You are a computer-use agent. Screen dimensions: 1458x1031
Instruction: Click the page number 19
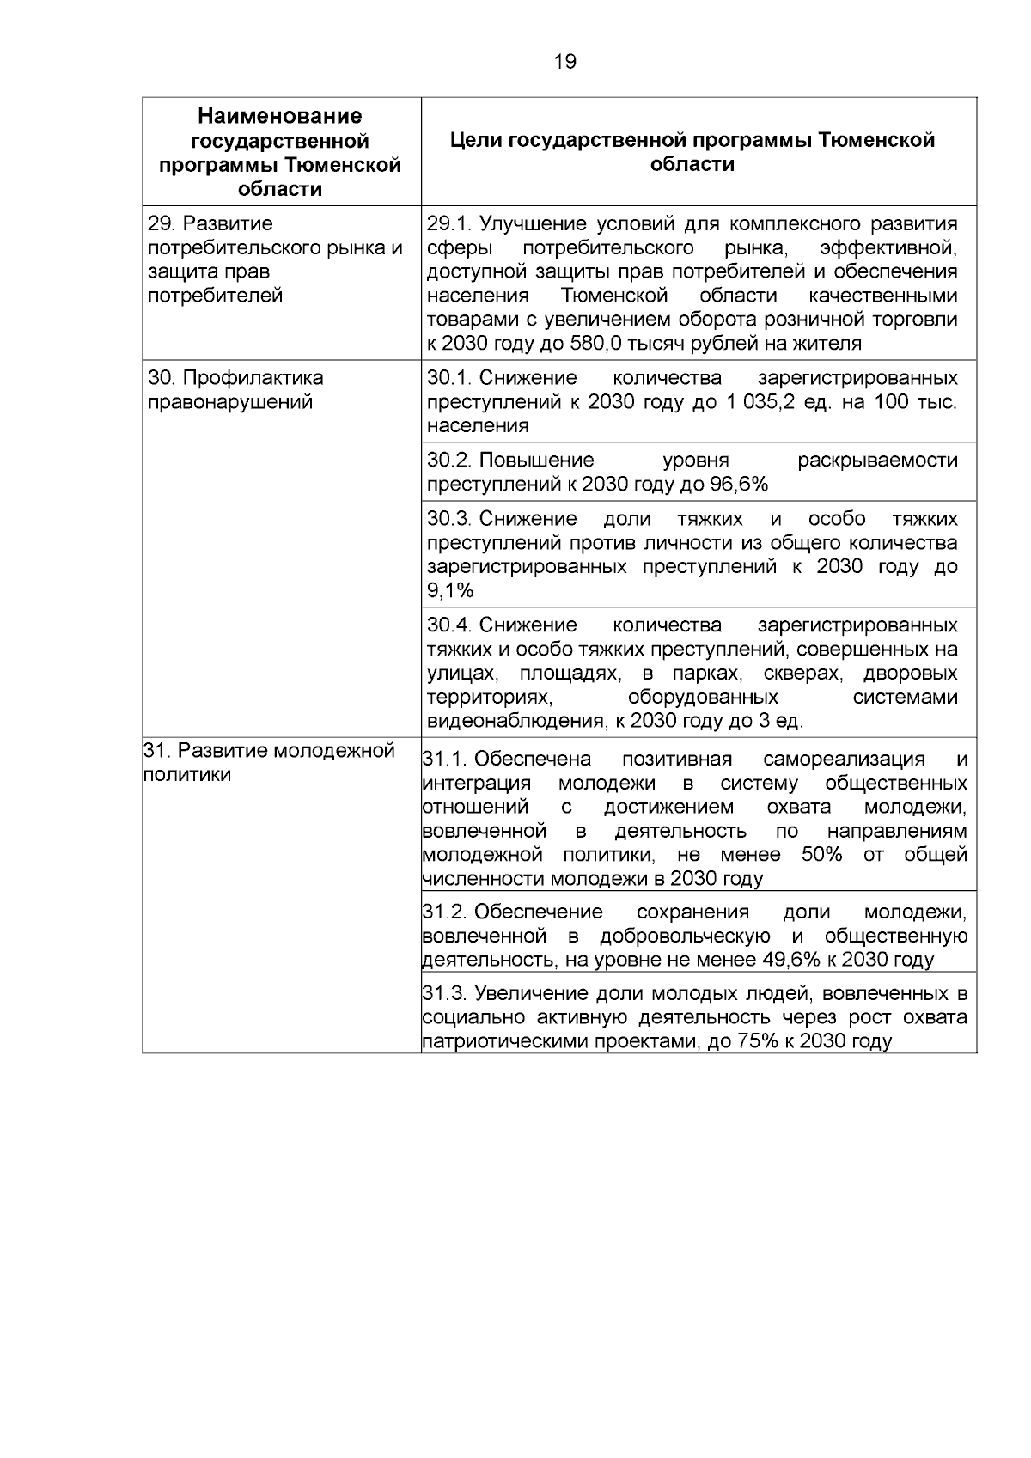565,62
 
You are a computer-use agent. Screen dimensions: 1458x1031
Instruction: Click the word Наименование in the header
280,116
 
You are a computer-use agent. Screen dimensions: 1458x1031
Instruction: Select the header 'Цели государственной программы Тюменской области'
692,152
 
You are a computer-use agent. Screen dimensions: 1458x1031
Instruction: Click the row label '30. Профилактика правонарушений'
236,390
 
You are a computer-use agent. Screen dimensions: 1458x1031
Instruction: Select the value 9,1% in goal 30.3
450,591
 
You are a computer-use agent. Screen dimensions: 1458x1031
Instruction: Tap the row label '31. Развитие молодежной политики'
269,762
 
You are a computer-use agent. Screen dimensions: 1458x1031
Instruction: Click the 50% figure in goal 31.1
821,855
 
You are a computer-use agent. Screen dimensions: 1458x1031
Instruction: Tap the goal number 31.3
444,994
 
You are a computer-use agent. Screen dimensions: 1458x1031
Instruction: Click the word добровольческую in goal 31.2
685,936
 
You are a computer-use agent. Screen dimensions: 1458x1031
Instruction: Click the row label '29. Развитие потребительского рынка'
275,248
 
